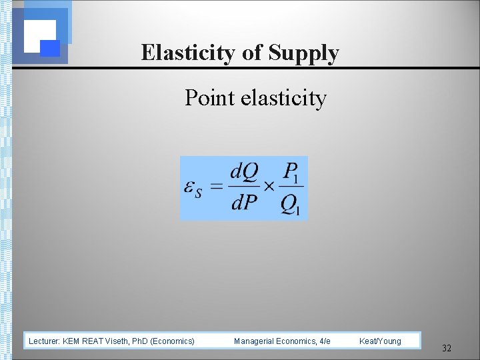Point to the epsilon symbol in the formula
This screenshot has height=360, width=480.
click(x=193, y=188)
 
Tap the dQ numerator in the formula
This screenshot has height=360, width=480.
click(x=244, y=173)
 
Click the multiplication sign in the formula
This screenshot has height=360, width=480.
click(x=269, y=187)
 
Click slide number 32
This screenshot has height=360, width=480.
click(x=447, y=348)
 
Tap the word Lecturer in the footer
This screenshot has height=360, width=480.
click(x=44, y=341)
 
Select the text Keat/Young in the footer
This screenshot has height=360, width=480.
click(x=380, y=341)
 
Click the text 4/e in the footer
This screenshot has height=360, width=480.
click(x=325, y=341)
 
